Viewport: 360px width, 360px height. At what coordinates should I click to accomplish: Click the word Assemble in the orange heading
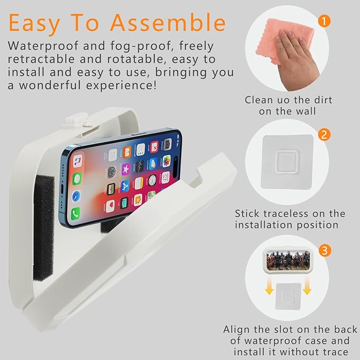pyautogui.click(x=168, y=23)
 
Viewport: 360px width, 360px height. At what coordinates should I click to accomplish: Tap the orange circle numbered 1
pyautogui.click(x=324, y=21)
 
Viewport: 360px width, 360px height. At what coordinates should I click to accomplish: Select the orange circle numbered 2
pyautogui.click(x=324, y=135)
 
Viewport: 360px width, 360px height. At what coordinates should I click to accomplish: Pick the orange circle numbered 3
pyautogui.click(x=325, y=250)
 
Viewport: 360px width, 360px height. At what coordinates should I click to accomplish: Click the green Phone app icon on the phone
pyautogui.click(x=75, y=214)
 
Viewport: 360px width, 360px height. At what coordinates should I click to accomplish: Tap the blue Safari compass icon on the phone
pyautogui.click(x=76, y=196)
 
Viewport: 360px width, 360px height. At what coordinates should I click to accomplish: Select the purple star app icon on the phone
pyautogui.click(x=126, y=170)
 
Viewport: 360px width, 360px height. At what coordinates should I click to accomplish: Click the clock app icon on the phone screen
pyautogui.click(x=152, y=180)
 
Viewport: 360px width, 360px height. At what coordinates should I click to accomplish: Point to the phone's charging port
pyautogui.click(x=62, y=190)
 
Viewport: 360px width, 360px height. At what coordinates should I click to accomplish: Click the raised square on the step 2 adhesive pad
pyautogui.click(x=286, y=161)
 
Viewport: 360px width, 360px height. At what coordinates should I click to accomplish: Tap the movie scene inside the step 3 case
pyautogui.click(x=288, y=260)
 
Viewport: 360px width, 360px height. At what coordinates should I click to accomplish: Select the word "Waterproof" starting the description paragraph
pyautogui.click(x=43, y=46)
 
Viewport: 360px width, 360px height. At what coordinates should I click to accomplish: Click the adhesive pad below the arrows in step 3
pyautogui.click(x=288, y=296)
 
